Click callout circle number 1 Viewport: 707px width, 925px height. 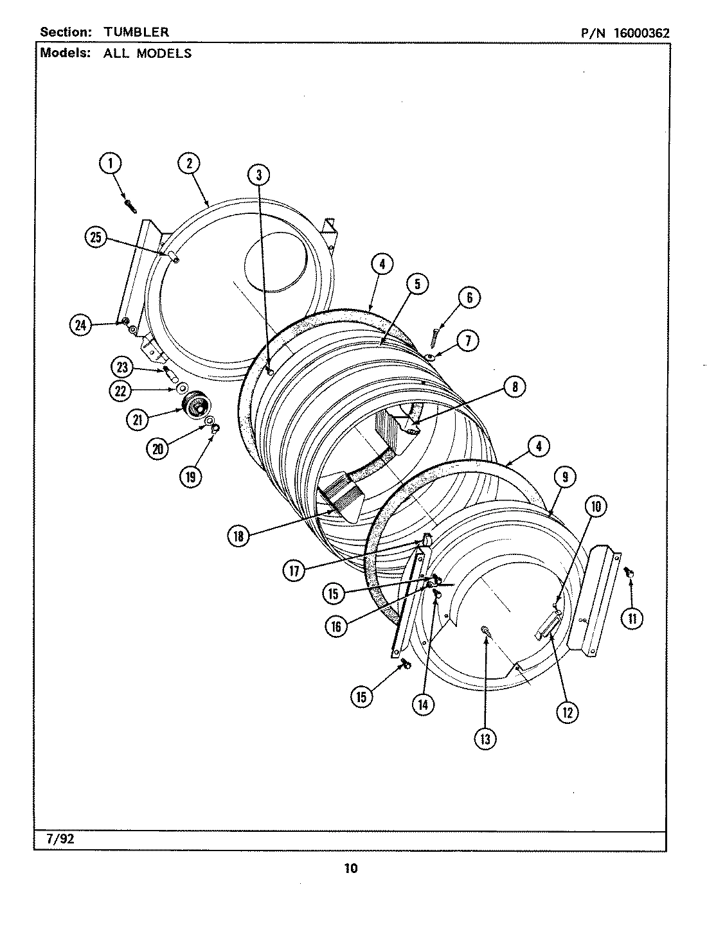pyautogui.click(x=110, y=164)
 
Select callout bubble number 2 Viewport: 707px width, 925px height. pyautogui.click(x=189, y=164)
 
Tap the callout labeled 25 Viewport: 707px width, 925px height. pyautogui.click(x=95, y=238)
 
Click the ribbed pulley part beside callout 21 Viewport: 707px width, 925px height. pyautogui.click(x=196, y=406)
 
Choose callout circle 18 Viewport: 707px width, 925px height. pyautogui.click(x=238, y=536)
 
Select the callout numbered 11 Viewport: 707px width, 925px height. pyautogui.click(x=632, y=618)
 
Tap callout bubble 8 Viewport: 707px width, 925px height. pyautogui.click(x=515, y=386)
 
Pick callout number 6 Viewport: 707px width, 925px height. pyautogui.click(x=469, y=297)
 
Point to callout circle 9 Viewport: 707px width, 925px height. pyautogui.click(x=564, y=477)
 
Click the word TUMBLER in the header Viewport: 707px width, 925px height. pyautogui.click(x=136, y=32)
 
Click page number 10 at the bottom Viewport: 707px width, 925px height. pyautogui.click(x=350, y=869)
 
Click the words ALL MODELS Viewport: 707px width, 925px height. pyautogui.click(x=147, y=53)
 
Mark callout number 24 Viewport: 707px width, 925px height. pyautogui.click(x=80, y=325)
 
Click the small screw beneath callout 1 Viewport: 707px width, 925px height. pyautogui.click(x=131, y=206)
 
